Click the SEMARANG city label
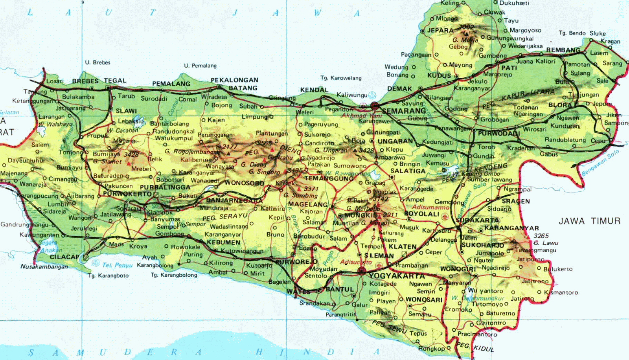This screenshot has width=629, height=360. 404,111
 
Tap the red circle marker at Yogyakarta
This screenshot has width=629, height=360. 362,270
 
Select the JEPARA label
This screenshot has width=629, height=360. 440,30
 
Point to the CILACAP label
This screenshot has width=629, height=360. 64,257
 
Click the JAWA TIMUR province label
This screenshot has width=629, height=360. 589,221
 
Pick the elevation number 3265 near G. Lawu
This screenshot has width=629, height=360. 541,236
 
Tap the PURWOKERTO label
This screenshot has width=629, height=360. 127,194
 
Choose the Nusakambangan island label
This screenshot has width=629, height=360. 44,266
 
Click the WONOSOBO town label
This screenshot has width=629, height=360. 244,183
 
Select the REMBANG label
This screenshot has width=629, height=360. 563,50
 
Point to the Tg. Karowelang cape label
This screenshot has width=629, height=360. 341,78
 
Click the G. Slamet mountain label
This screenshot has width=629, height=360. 107,161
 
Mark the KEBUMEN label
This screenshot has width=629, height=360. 223,242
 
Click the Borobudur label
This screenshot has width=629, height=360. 309,236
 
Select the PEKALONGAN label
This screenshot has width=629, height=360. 234,80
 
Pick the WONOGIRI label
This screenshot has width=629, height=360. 458,269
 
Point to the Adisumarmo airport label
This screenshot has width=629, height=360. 430,207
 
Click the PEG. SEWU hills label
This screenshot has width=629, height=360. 389,326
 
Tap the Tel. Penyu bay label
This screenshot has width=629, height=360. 117,265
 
